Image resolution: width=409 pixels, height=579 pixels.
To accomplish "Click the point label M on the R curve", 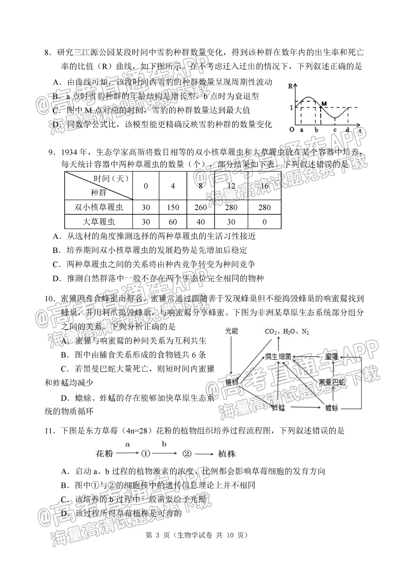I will click(x=324, y=103).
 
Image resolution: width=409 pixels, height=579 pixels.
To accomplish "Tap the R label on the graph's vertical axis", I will click(x=290, y=86).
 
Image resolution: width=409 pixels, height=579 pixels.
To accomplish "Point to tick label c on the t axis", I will click(x=335, y=130).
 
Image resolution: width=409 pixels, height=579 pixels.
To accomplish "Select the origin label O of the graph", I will click(x=291, y=130).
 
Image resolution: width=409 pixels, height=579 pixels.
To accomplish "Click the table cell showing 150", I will click(x=173, y=207).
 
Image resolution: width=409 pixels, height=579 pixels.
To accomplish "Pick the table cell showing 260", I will click(x=201, y=207).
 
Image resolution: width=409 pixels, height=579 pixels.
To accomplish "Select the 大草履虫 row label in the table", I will click(x=99, y=222).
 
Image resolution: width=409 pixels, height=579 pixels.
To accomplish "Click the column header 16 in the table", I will click(x=264, y=186).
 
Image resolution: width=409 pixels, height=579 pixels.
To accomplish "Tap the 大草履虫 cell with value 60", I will click(x=173, y=222).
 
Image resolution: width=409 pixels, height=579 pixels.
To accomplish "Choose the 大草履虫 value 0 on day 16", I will click(x=264, y=222).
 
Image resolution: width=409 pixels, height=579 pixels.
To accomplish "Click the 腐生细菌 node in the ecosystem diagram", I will click(x=278, y=356).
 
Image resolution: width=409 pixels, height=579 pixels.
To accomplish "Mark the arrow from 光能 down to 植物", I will click(x=231, y=355).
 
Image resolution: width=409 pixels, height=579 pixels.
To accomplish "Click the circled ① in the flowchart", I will click(x=145, y=454).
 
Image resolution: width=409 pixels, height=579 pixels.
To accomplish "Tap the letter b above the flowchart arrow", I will click(x=164, y=444).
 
